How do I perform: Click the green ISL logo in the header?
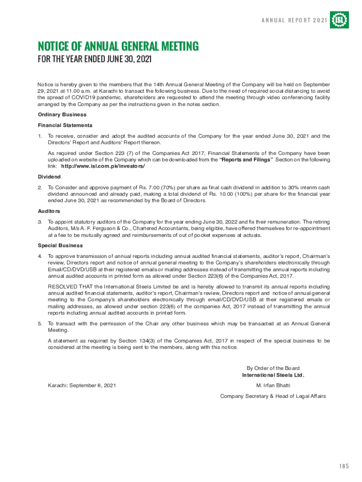tap(339, 20)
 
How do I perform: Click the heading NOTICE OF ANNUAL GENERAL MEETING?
tap(118, 46)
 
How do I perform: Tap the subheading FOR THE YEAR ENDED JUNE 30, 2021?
tap(95, 60)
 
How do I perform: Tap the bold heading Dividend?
tap(49, 177)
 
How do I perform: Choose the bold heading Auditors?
tap(49, 211)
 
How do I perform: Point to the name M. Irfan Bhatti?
tap(273, 385)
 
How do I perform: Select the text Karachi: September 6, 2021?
tap(82, 385)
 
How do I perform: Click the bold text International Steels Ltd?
tap(273, 375)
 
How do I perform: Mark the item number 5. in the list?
tap(40, 323)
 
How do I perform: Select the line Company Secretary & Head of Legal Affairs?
tap(273, 396)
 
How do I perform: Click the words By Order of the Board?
tap(273, 368)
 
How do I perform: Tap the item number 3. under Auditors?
tap(40, 222)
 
